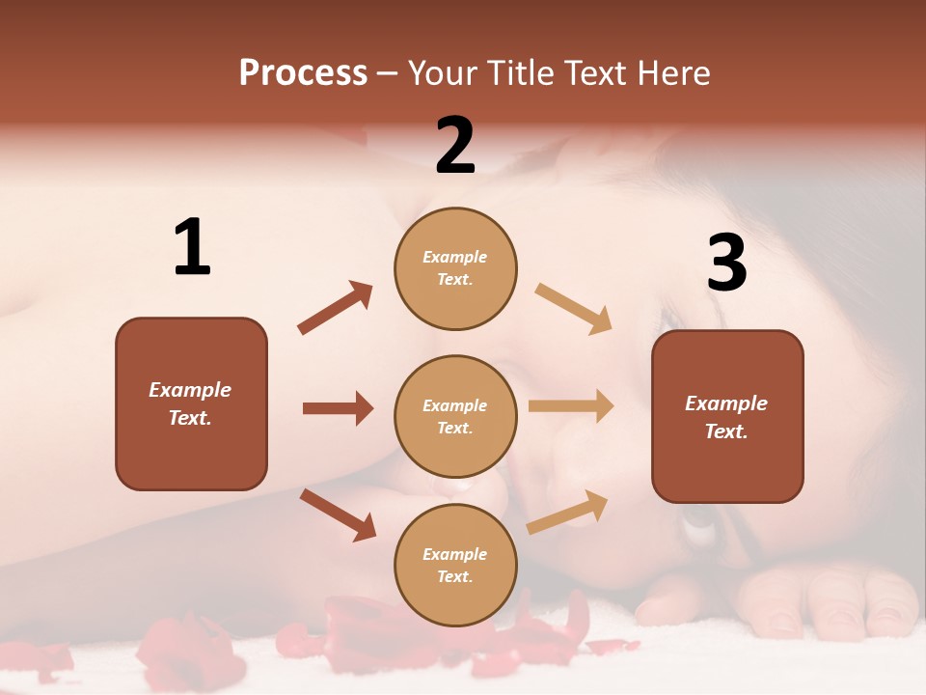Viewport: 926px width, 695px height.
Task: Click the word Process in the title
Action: (303, 73)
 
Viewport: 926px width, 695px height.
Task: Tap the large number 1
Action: (192, 248)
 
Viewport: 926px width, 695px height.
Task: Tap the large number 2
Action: (455, 146)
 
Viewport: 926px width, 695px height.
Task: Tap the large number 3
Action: (726, 263)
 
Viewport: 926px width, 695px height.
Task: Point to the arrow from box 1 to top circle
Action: (335, 308)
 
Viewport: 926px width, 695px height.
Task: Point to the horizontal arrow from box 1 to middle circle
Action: (338, 408)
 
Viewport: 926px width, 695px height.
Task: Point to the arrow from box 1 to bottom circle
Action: (338, 514)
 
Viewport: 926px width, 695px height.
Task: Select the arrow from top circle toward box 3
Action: (574, 309)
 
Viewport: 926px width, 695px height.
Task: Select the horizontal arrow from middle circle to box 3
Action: (571, 406)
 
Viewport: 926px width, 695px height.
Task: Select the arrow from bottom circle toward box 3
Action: (567, 513)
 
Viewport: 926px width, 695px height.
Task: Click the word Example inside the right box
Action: (726, 403)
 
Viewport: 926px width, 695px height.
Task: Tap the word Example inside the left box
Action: (190, 390)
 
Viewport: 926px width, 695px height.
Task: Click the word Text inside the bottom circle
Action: (453, 577)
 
